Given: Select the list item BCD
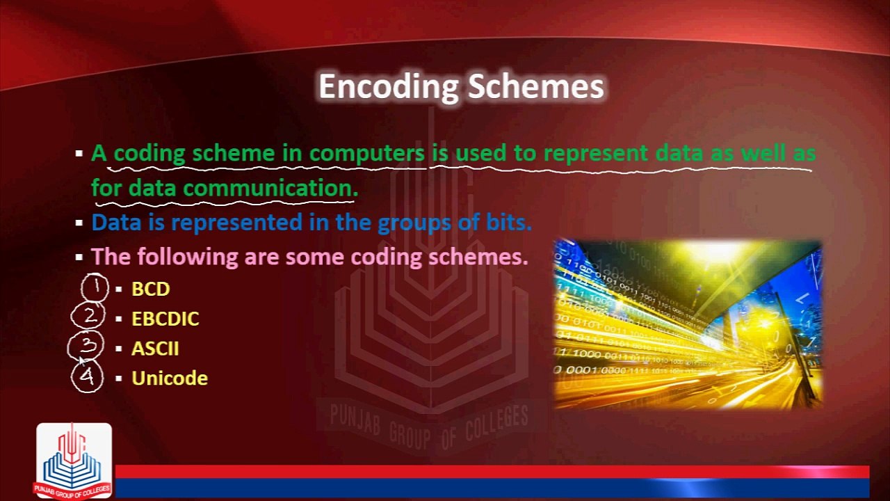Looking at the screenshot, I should [150, 289].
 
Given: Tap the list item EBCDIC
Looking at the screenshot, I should [165, 319].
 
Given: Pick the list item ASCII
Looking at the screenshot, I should [155, 349].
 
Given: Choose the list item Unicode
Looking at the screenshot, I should [170, 379].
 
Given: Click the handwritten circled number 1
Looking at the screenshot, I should [95, 287].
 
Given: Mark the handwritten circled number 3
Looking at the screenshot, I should [86, 346].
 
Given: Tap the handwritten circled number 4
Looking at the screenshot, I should [87, 376].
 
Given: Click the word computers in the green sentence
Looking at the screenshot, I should [366, 153].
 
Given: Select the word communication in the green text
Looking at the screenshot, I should [270, 188].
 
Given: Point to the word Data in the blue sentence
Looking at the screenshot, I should [114, 223].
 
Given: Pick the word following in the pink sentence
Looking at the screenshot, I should [188, 257].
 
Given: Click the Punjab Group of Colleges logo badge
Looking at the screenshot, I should [74, 461].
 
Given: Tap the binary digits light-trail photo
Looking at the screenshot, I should [688, 324].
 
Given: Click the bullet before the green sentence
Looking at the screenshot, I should [79, 154].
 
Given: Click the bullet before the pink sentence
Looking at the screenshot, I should [79, 257].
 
